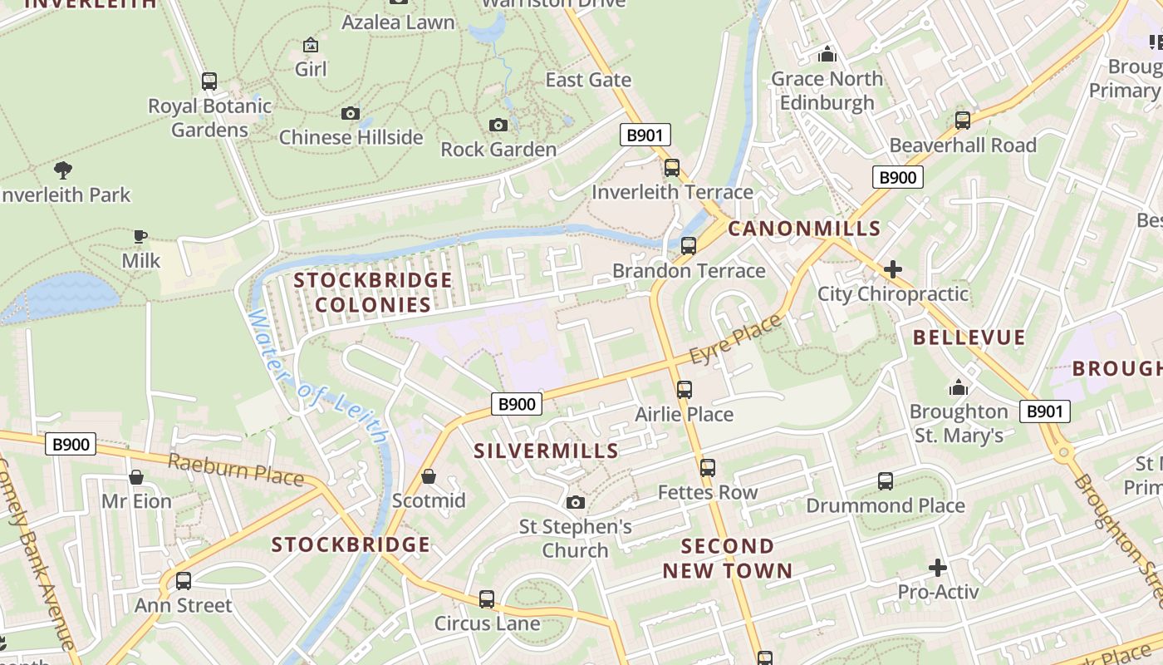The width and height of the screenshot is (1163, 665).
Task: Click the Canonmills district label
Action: [803, 229]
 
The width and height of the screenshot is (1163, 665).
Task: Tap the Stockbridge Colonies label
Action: [373, 292]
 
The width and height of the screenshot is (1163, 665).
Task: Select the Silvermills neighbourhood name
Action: [546, 451]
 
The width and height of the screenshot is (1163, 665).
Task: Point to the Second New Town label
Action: [728, 559]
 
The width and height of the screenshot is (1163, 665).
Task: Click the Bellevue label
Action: [969, 337]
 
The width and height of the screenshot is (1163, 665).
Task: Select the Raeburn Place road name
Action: [235, 470]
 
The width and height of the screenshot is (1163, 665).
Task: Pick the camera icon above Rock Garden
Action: [498, 125]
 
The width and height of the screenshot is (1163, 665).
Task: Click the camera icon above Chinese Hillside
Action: [351, 113]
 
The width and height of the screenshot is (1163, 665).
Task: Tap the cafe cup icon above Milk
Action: [140, 237]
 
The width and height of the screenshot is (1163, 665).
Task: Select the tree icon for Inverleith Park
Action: [62, 170]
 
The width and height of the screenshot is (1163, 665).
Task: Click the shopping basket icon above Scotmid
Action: [429, 476]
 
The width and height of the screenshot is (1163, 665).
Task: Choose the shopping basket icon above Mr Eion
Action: [136, 477]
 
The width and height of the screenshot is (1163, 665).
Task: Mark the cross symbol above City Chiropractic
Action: [893, 269]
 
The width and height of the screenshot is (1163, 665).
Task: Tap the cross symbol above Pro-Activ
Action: [938, 568]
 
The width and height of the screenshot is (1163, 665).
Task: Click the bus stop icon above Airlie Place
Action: [684, 389]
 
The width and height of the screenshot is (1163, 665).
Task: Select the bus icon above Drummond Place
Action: [886, 480]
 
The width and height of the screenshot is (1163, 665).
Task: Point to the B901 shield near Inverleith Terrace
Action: [645, 135]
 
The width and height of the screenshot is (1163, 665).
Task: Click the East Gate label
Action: [588, 80]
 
